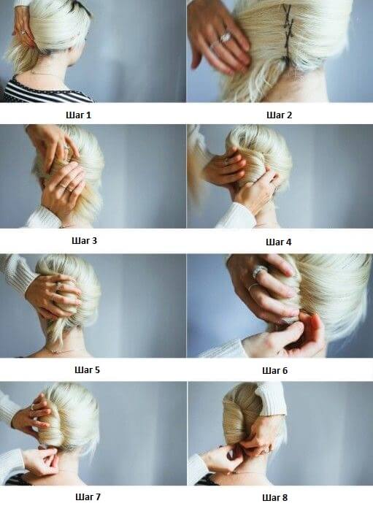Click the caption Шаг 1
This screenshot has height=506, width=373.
[x=79, y=115]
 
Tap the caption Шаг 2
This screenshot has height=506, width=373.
[x=279, y=115]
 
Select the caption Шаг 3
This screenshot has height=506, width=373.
[x=84, y=240]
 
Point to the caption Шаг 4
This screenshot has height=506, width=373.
[x=278, y=242]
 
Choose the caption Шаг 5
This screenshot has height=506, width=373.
[x=87, y=369]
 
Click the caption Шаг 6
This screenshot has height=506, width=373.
[x=274, y=370]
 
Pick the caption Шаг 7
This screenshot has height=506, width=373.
[x=88, y=497]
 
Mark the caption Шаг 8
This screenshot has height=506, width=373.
[x=274, y=498]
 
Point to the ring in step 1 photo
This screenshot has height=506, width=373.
[x=23, y=31]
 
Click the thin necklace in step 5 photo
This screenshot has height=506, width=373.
[x=61, y=350]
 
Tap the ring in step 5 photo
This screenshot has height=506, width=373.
[x=59, y=285]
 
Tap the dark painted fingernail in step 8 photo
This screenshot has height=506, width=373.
[x=231, y=456]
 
